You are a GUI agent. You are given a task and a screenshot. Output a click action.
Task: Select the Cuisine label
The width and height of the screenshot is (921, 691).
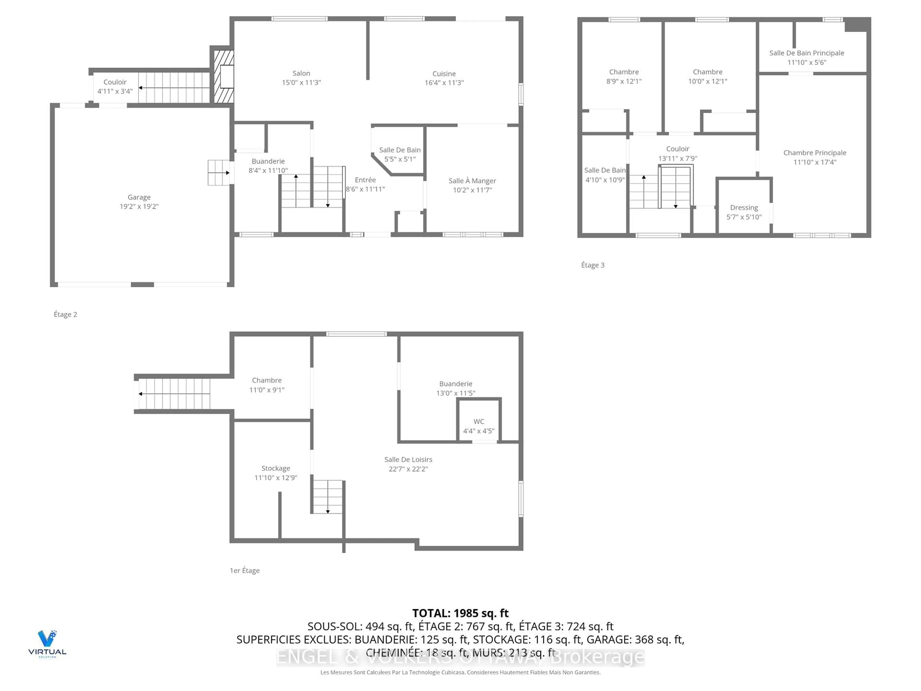444,74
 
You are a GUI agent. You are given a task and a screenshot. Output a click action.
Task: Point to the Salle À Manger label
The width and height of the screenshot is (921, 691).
472,181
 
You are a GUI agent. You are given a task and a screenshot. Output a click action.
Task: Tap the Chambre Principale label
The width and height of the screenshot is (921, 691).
815,153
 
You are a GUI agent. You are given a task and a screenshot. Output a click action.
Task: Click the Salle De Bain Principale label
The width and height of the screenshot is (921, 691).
807,53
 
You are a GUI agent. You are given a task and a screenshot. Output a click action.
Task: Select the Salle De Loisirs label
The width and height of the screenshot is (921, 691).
408,459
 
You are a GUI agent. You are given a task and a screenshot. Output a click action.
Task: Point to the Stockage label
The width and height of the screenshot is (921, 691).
276,468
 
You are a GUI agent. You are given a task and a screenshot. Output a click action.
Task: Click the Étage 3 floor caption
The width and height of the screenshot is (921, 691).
592,265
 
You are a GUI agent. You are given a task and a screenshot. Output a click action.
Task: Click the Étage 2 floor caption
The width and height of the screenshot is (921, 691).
65,315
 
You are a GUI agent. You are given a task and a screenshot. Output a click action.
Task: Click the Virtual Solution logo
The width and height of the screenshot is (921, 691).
47,643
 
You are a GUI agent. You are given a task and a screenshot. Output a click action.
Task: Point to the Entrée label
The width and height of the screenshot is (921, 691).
365,180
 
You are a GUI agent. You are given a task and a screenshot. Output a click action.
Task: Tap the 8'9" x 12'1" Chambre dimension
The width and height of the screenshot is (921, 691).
624,81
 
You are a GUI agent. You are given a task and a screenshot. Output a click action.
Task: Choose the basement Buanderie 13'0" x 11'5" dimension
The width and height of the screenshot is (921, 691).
455,393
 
